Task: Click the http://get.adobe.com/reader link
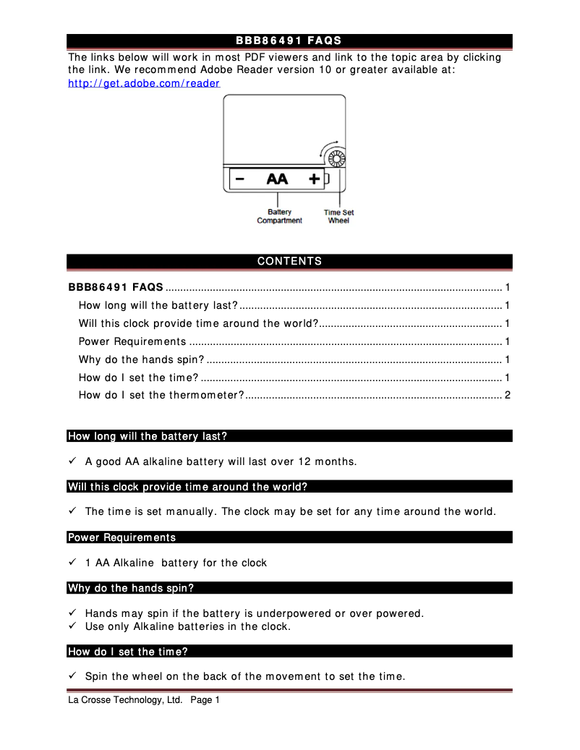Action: coord(144,83)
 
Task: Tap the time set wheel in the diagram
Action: coord(335,159)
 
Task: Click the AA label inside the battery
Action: coord(277,178)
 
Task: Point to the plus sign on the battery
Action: coord(314,178)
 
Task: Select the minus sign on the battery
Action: coord(239,178)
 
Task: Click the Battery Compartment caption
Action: coord(279,216)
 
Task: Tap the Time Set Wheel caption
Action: coord(338,216)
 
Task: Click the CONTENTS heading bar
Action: coord(289,261)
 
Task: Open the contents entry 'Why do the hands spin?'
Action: coord(142,359)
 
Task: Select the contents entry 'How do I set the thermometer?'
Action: coord(161,395)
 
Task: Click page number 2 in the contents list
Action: coord(508,395)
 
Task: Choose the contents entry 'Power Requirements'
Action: coord(132,341)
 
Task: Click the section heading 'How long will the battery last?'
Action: coord(148,436)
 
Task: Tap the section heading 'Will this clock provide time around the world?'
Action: coord(188,487)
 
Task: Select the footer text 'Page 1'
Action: coord(205,700)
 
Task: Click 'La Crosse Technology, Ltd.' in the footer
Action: coord(125,700)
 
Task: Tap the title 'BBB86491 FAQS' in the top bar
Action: coord(289,41)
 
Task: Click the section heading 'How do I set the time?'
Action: coord(128,652)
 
